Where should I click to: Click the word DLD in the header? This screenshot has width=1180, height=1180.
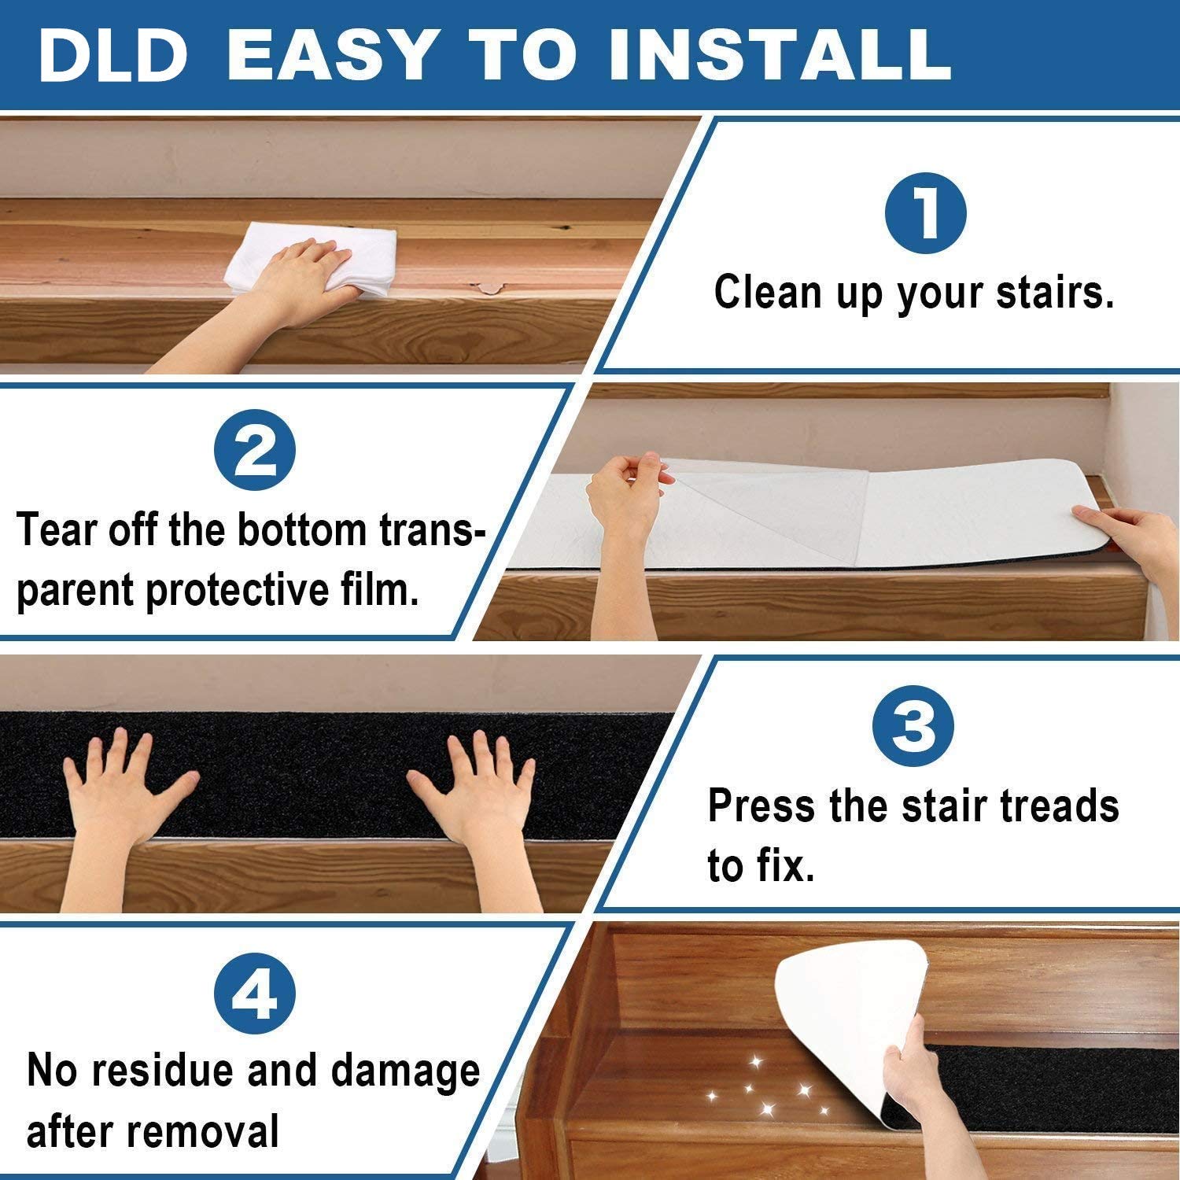(x=112, y=56)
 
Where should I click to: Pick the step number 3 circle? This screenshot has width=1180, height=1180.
(x=913, y=728)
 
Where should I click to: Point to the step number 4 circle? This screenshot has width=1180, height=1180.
(x=255, y=997)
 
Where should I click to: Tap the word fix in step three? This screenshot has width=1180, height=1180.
(x=779, y=867)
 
